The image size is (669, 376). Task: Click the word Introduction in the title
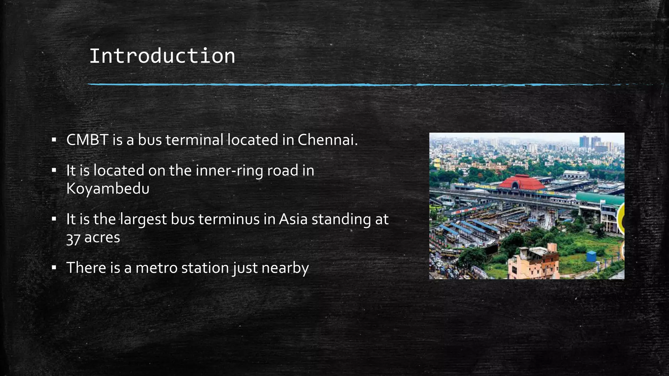tap(162, 56)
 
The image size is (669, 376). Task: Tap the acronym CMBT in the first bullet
tap(87, 140)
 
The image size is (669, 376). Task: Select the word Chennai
tap(327, 140)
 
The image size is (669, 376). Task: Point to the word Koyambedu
tap(108, 189)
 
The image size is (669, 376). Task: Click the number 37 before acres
tap(73, 239)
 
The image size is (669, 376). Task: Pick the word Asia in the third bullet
tap(293, 219)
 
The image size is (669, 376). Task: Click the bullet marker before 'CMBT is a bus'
tap(54, 140)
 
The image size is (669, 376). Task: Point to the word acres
tap(102, 238)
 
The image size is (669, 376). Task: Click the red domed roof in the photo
tap(522, 182)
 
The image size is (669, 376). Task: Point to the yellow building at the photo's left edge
tap(437, 163)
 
